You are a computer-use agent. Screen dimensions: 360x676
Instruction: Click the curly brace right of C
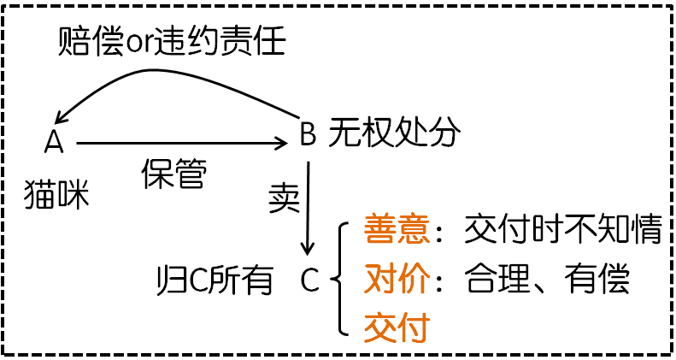coord(339,278)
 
